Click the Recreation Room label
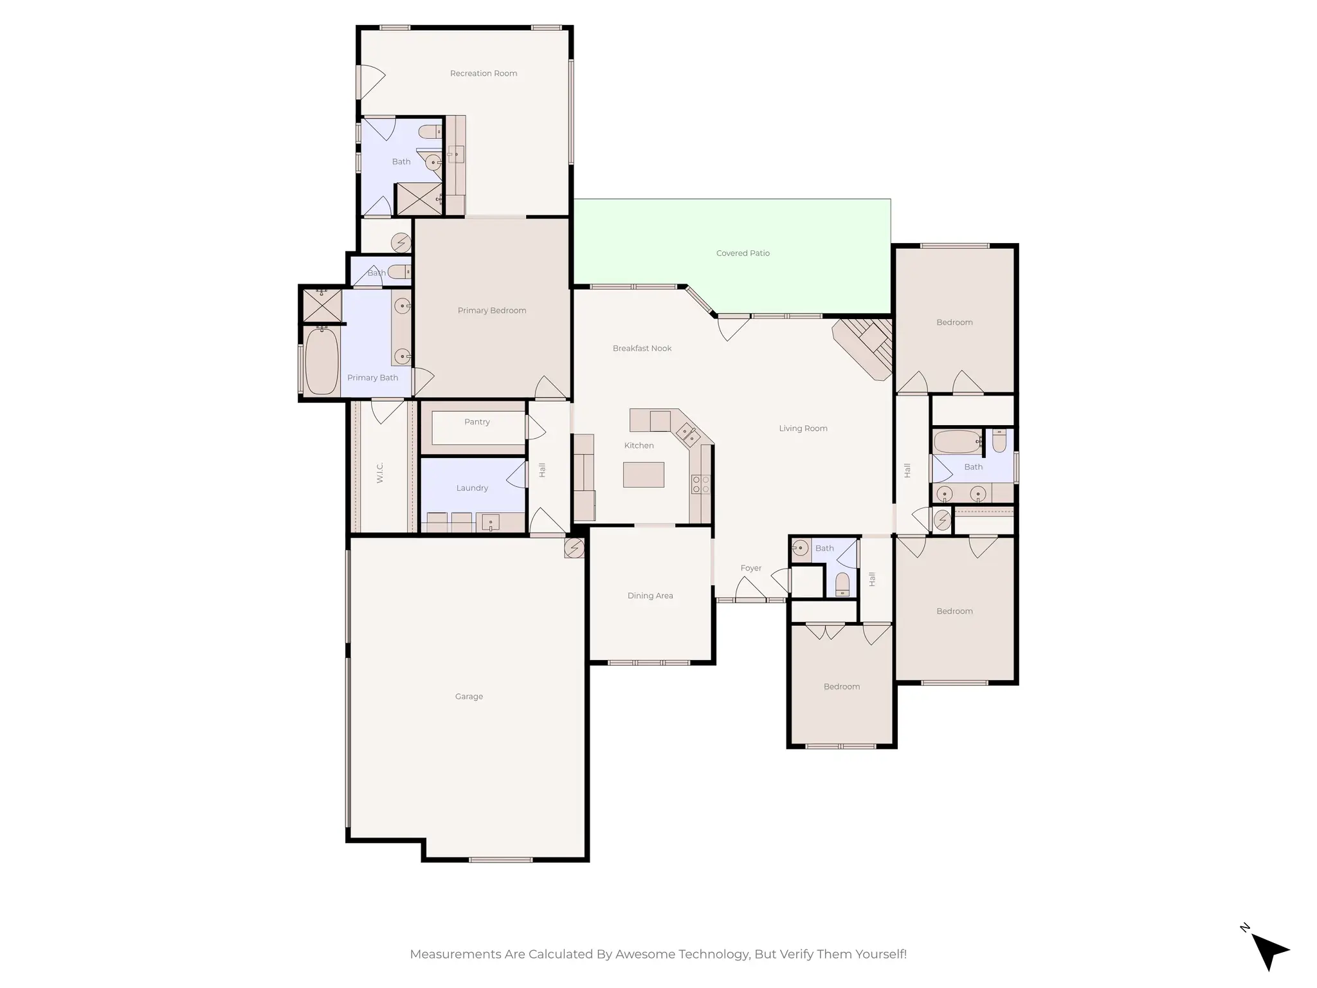coord(483,73)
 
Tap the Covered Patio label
coord(743,253)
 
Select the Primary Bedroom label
coord(491,311)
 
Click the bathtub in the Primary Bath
coord(322,361)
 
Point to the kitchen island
coord(643,475)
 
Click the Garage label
coord(469,697)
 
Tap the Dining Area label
coord(650,596)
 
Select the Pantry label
coord(477,422)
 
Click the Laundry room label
coord(472,488)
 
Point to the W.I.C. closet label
coord(379,472)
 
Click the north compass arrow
coord(1269,951)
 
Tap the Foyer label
coord(750,568)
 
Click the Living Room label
coord(803,428)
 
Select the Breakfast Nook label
coord(642,349)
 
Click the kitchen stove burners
coord(700,484)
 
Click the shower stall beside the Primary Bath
coord(322,306)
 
